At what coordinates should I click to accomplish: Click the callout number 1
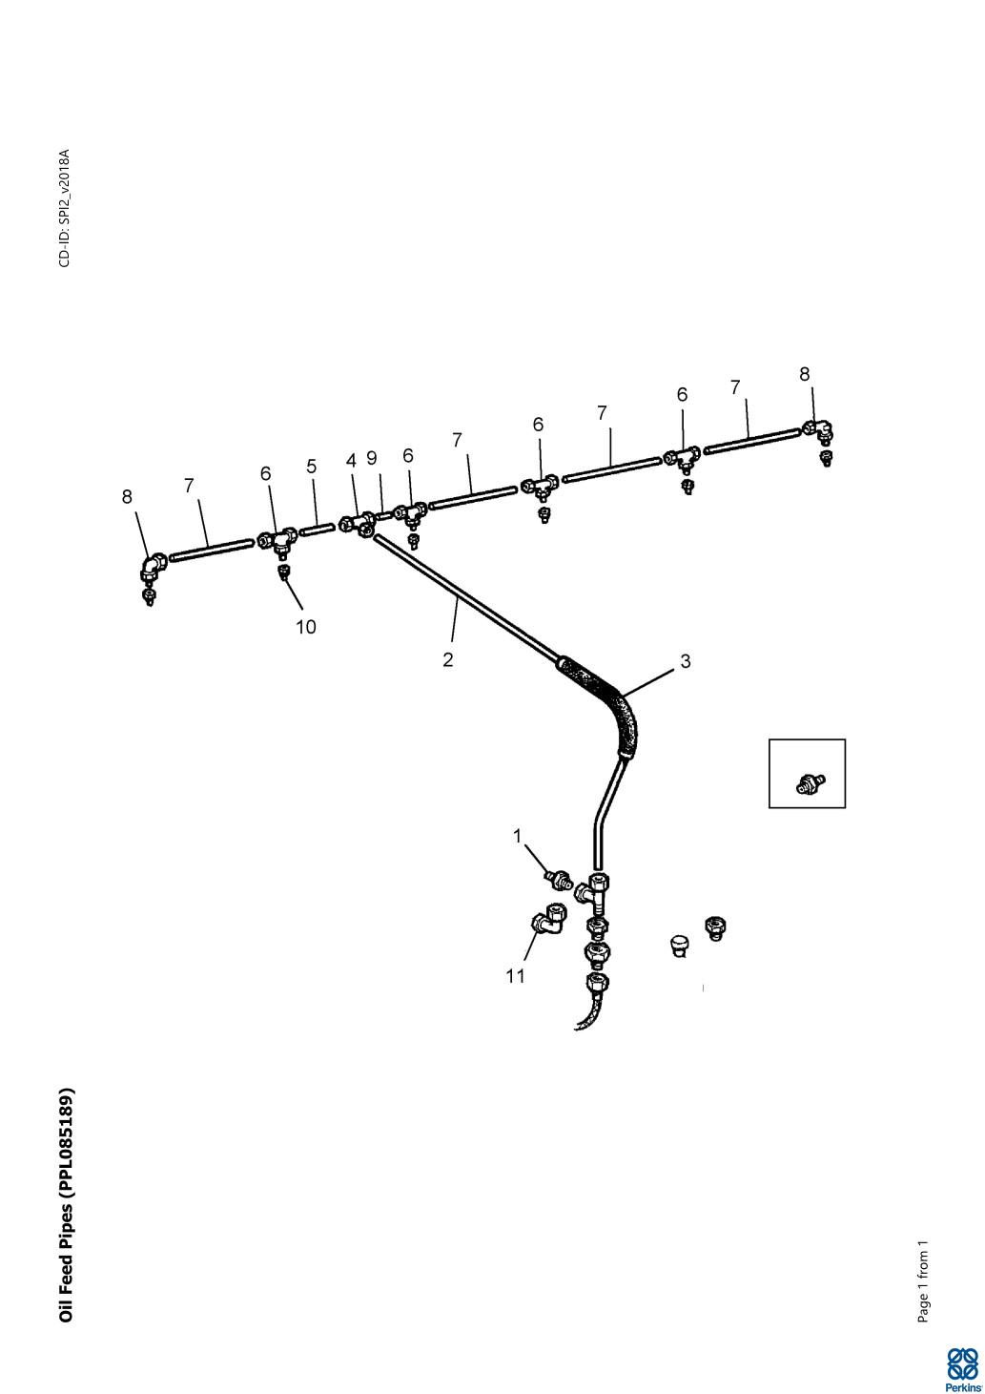click(x=517, y=837)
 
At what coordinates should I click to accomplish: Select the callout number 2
click(x=448, y=659)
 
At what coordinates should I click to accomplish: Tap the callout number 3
click(x=685, y=661)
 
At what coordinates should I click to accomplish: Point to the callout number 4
click(x=351, y=461)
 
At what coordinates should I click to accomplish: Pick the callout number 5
click(x=312, y=467)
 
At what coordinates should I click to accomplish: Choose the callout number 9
click(x=372, y=458)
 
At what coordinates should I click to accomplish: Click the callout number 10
click(x=306, y=627)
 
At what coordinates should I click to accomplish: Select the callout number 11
click(x=516, y=976)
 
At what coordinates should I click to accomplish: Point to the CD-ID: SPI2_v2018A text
click(x=65, y=208)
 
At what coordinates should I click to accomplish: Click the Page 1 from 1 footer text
click(x=923, y=1281)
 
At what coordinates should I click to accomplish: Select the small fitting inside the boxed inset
click(x=811, y=782)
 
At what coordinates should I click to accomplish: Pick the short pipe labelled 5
click(x=318, y=529)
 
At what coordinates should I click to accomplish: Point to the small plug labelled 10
click(x=283, y=572)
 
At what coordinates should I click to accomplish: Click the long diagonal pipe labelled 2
click(x=466, y=598)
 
